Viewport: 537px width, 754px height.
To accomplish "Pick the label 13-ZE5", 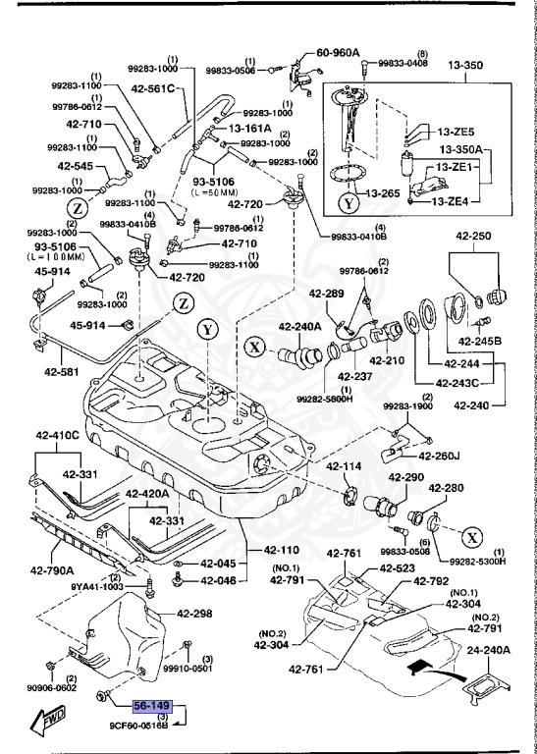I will click(x=456, y=131).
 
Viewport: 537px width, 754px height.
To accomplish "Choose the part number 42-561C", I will click(x=151, y=88).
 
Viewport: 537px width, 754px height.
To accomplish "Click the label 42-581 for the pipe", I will click(x=61, y=371).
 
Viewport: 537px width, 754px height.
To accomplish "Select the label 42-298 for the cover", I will click(x=195, y=615).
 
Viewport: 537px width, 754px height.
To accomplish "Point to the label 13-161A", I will click(x=249, y=128).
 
